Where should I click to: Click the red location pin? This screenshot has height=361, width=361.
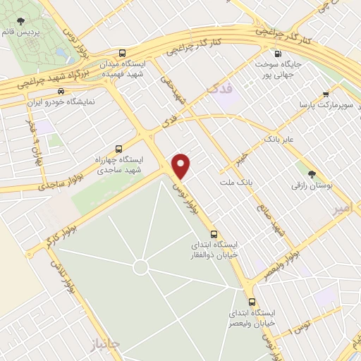pyautogui.click(x=182, y=165)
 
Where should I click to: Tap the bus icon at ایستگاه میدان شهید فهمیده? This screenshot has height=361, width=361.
pyautogui.click(x=123, y=53)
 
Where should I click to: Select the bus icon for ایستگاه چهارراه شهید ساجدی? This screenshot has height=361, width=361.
pyautogui.click(x=118, y=149)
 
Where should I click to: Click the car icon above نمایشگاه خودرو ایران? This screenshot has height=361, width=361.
pyautogui.click(x=61, y=91)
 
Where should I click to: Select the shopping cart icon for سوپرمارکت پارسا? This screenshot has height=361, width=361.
pyautogui.click(x=326, y=94)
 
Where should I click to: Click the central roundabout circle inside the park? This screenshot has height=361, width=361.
pyautogui.click(x=141, y=267)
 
